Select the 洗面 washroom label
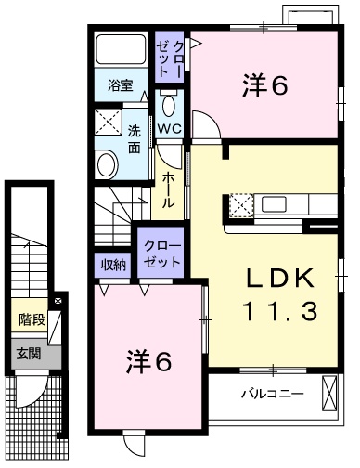[x=135, y=138]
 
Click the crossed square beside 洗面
[x=109, y=122]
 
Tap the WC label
[x=169, y=128]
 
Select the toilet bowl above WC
[x=169, y=101]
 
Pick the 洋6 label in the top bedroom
[x=264, y=86]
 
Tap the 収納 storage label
[x=113, y=265]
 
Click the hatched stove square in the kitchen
[x=241, y=203]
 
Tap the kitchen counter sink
[x=277, y=203]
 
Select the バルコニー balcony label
[x=273, y=394]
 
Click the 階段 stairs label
[x=32, y=320]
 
